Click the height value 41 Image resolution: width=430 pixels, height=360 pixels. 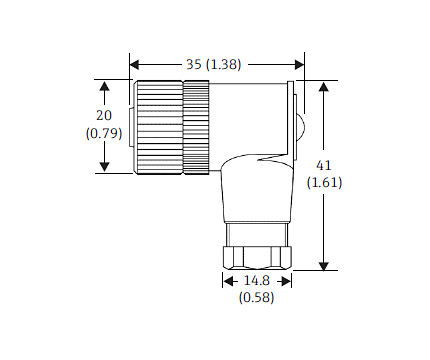point(345,166)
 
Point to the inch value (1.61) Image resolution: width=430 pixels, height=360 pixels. point(345,184)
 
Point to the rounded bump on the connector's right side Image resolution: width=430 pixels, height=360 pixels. point(301,126)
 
